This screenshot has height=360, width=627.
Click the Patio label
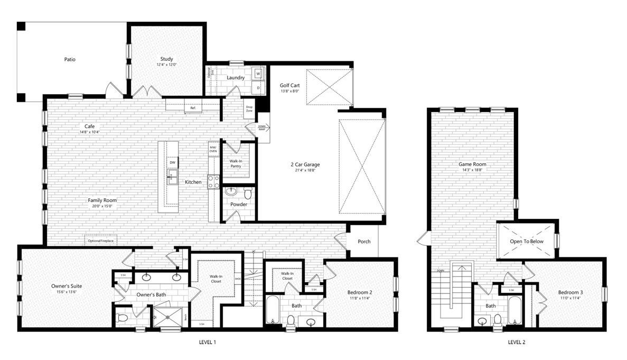[70, 59]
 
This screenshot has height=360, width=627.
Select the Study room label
[166, 59]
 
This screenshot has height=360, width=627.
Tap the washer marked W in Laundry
[258, 73]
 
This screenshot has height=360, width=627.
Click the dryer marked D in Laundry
[258, 87]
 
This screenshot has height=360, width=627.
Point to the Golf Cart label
[289, 85]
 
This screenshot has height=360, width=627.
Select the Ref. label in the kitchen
[193, 108]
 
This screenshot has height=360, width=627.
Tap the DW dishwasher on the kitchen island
[172, 163]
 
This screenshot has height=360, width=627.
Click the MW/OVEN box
[213, 149]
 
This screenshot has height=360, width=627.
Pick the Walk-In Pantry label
[236, 163]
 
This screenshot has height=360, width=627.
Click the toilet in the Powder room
[246, 191]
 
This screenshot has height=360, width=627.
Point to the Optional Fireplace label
[101, 241]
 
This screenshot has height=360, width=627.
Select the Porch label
[364, 242]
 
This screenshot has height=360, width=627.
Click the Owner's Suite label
[67, 286]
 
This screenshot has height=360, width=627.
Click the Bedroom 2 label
[360, 292]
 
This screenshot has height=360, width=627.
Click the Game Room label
[472, 164]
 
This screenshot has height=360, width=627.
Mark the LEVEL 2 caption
[516, 343]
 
